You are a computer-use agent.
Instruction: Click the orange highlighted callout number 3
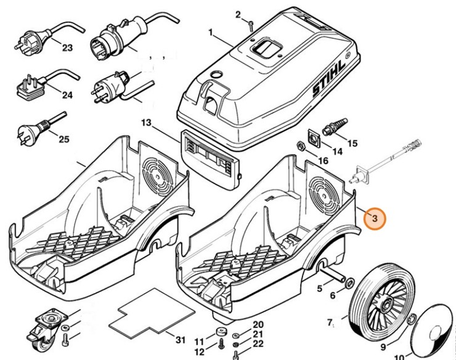point(375,218)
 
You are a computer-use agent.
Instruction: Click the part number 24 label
point(67,95)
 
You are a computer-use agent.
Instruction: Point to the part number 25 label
point(64,139)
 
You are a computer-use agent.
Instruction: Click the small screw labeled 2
point(252,25)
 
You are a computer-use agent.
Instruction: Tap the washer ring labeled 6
point(348,283)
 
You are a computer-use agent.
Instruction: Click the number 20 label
point(258,325)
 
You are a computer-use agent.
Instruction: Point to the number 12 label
point(199,351)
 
